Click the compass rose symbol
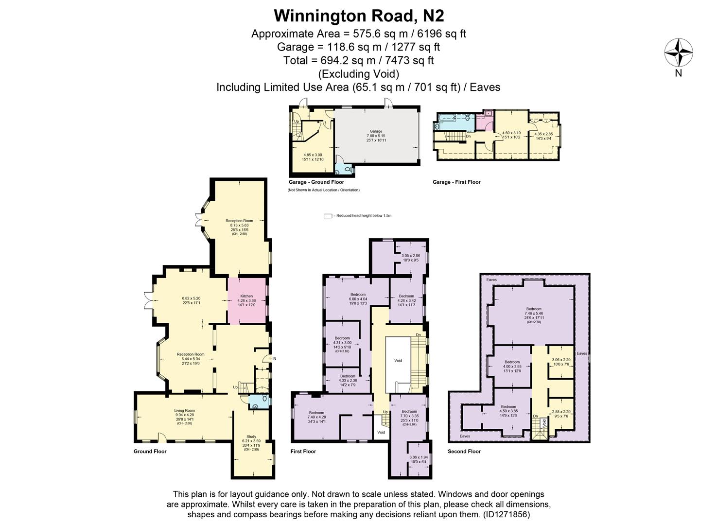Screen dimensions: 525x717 pyautogui.click(x=679, y=53)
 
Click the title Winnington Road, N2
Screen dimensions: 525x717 pyautogui.click(x=359, y=16)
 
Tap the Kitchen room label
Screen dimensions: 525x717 pyautogui.click(x=246, y=296)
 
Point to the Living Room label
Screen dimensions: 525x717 pyautogui.click(x=184, y=410)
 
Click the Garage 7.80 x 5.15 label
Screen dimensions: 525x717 pyautogui.click(x=376, y=131)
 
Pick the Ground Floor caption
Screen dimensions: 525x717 pyautogui.click(x=150, y=452)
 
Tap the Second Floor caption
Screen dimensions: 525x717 pyautogui.click(x=464, y=452)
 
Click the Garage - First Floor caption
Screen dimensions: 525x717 pyautogui.click(x=456, y=182)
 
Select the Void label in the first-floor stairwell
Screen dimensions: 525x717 pyautogui.click(x=398, y=361)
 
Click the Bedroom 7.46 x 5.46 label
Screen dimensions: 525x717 pyautogui.click(x=533, y=309)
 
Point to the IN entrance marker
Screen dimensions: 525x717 pyautogui.click(x=274, y=359)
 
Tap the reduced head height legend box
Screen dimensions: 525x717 pyautogui.click(x=328, y=216)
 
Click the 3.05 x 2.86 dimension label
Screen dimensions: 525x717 pyautogui.click(x=410, y=256)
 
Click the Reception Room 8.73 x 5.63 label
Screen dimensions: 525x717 pyautogui.click(x=239, y=221)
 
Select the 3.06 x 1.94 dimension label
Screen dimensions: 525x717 pyautogui.click(x=418, y=457)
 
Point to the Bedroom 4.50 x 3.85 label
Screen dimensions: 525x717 pyautogui.click(x=508, y=407)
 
